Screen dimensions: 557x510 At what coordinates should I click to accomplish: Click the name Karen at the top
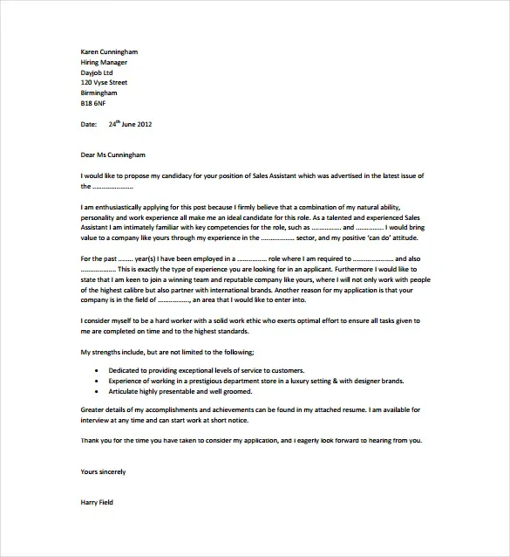pos(90,52)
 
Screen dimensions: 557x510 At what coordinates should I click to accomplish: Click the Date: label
pos(89,124)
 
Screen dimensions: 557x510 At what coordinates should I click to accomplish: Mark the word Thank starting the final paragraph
pos(90,440)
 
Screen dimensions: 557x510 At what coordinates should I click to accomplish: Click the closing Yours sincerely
pos(103,471)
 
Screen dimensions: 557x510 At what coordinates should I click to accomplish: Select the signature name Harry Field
pos(97,502)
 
